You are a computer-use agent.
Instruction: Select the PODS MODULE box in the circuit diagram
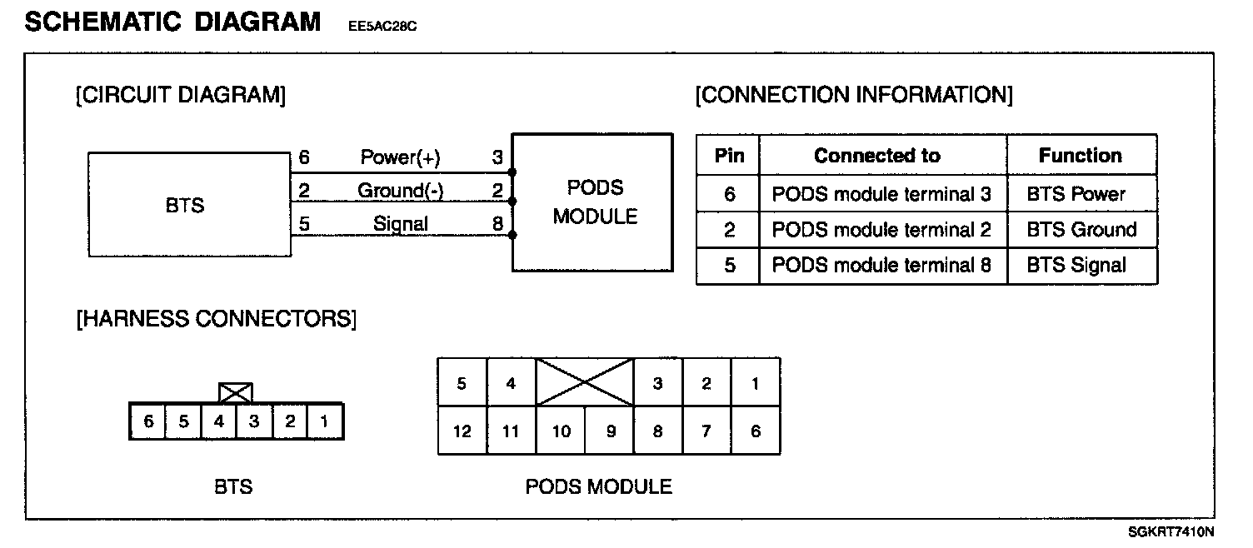[592, 202]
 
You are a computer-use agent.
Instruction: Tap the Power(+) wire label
[400, 157]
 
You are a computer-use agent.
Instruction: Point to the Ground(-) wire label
[400, 191]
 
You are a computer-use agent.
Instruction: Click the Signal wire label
[400, 223]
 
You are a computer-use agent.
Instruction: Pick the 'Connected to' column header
[876, 156]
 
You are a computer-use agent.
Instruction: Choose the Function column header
[1080, 156]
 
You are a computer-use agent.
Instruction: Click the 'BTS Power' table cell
[1076, 194]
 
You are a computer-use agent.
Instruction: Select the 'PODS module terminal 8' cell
[881, 266]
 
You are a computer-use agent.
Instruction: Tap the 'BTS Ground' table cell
[1081, 230]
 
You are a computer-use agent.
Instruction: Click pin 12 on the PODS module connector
[462, 431]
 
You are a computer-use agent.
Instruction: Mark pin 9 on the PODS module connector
[610, 431]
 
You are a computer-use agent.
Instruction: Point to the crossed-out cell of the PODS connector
[585, 382]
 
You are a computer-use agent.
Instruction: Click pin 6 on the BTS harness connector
[148, 421]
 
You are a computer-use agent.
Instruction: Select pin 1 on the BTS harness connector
[324, 421]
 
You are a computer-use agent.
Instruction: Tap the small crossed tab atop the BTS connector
[235, 392]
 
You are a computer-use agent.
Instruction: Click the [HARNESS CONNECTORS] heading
[216, 319]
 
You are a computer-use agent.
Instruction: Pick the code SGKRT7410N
[1171, 531]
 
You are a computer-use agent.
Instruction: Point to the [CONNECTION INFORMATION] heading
[854, 95]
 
